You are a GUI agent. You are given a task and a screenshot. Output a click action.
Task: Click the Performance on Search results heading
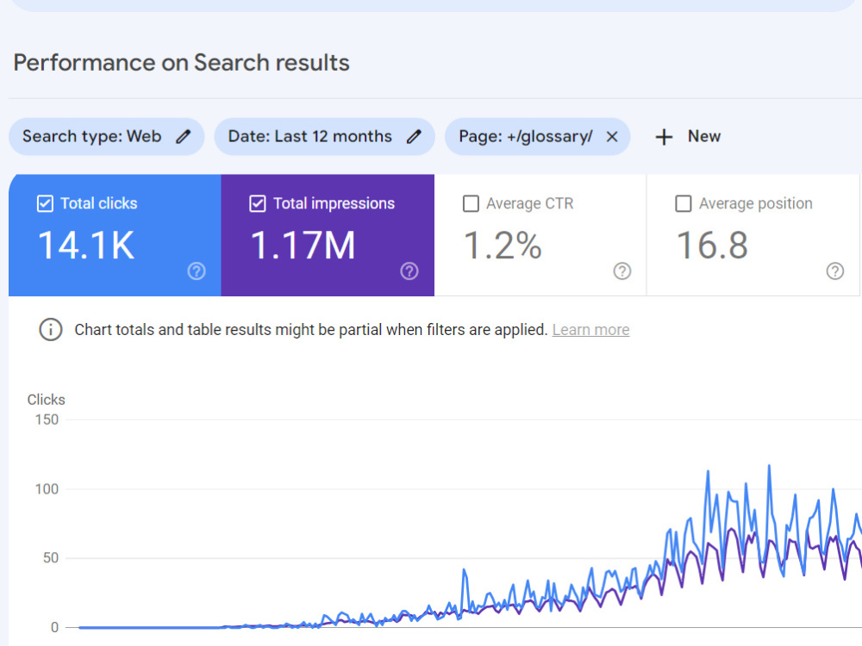coord(181,63)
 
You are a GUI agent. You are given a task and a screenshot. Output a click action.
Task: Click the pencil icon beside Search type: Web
coord(183,136)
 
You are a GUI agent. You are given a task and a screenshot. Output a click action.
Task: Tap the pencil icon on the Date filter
coord(414,136)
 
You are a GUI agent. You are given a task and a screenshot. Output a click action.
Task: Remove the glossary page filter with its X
coord(612,136)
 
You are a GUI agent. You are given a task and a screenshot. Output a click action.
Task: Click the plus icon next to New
coord(664,137)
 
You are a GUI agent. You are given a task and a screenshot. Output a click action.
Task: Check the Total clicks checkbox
coord(45,204)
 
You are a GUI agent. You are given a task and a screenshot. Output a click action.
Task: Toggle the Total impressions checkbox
coord(257,204)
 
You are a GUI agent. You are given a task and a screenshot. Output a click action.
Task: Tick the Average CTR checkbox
coord(471,204)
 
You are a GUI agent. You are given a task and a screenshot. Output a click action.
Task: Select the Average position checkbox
coord(684,204)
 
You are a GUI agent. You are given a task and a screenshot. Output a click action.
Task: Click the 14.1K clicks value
coord(86,245)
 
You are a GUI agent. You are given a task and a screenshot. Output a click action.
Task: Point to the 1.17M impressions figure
coord(303,245)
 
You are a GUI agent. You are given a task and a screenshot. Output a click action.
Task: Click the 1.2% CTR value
coord(503,245)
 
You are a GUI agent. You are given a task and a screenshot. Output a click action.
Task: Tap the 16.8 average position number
coord(712,245)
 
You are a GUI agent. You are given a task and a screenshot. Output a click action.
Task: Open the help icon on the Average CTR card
coord(622,270)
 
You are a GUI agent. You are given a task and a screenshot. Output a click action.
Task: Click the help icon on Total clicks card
coord(197,270)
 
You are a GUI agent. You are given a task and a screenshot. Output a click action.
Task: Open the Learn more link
coord(591,330)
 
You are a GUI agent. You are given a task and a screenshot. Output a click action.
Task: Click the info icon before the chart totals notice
coord(51,330)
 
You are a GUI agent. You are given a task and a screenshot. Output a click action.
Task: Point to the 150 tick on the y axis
coord(47,419)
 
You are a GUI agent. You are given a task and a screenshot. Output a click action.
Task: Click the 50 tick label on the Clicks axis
coord(51,558)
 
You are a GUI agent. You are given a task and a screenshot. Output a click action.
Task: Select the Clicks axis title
coord(47,400)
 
